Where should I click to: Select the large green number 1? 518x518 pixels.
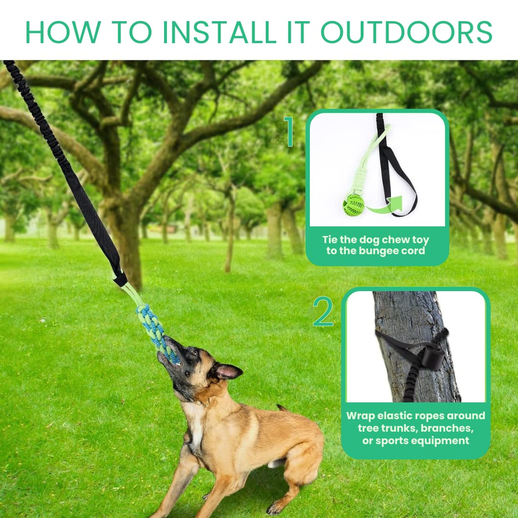pyautogui.click(x=289, y=131)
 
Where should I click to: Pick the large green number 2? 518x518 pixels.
pyautogui.click(x=323, y=312)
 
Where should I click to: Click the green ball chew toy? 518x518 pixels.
pyautogui.click(x=353, y=205)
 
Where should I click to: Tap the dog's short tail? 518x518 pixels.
pyautogui.click(x=282, y=408)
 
